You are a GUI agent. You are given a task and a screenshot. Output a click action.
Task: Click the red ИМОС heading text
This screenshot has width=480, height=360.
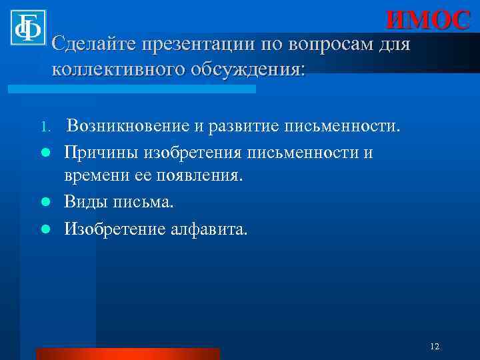coord(428,20)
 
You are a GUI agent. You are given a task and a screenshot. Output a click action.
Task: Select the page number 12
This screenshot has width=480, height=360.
coord(435,346)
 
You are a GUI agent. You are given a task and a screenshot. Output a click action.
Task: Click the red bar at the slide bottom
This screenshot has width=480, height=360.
coord(127,353)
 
